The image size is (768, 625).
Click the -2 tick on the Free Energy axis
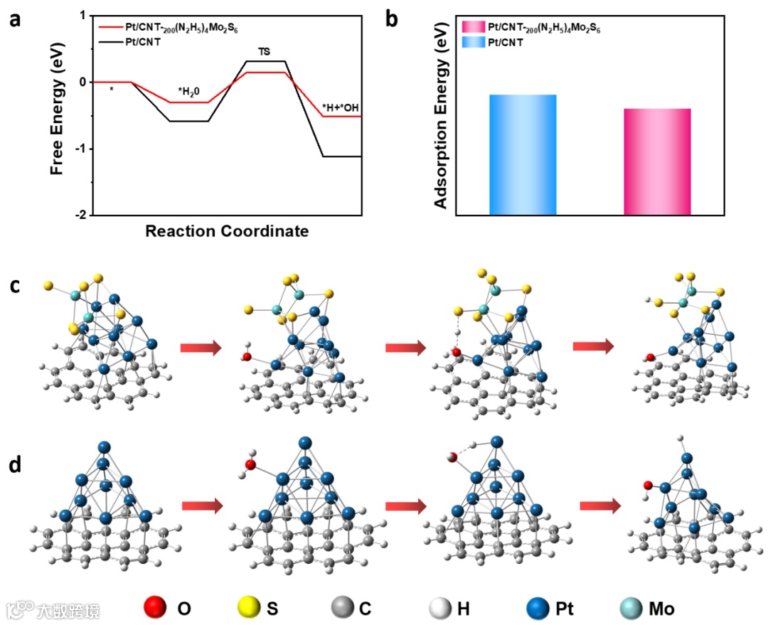(x=82, y=215)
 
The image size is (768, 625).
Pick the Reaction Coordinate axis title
(x=227, y=231)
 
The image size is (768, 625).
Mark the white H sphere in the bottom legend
(x=442, y=608)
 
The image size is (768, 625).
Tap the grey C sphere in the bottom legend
(x=343, y=608)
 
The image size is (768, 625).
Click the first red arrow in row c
(x=201, y=348)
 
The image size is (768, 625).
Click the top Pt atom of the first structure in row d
(x=105, y=447)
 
